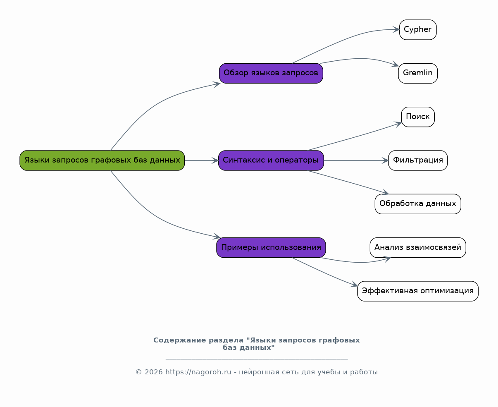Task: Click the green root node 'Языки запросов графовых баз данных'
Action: (102, 160)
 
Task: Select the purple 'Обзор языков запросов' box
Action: (271, 73)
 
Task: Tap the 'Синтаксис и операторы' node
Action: (271, 160)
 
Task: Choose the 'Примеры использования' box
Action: (271, 248)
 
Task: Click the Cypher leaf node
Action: (417, 30)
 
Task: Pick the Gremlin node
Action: (417, 73)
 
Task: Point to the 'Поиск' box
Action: (417, 117)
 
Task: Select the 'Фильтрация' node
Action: (417, 160)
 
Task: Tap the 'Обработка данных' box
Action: (417, 204)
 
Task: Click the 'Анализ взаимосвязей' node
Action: (417, 248)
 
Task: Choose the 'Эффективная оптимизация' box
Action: (417, 291)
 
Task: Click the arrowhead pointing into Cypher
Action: (396, 30)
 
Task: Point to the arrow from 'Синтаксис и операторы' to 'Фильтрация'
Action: (355, 160)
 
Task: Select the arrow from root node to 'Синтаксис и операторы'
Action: (201, 160)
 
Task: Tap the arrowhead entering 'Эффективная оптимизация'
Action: (354, 285)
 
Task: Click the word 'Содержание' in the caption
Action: (173, 340)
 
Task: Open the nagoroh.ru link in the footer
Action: (198, 372)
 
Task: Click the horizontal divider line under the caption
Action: (256, 359)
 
